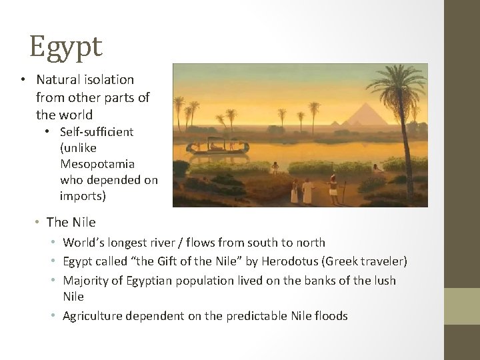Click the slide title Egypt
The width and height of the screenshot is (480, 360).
coord(65,47)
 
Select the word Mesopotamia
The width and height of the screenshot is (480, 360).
coord(97,164)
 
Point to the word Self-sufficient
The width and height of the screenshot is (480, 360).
coord(97,132)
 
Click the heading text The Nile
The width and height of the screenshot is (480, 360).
coord(71,222)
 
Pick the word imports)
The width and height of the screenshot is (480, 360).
coord(83,196)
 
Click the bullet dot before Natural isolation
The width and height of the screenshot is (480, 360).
coord(23,80)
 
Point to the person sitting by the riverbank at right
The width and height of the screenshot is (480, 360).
coord(377,168)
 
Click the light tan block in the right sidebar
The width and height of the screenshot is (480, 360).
coord(462,306)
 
